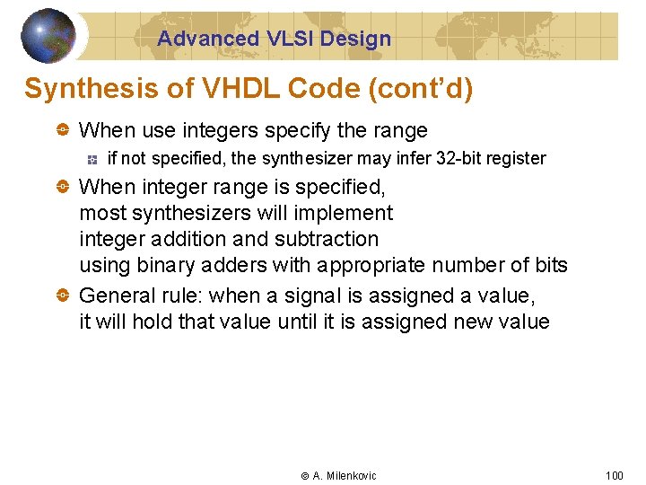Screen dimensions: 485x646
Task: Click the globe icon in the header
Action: click(x=48, y=35)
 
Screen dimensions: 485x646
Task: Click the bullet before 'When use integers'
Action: click(x=63, y=131)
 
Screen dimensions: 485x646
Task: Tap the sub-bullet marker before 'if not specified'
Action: click(x=92, y=160)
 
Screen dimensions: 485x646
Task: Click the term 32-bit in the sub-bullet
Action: click(x=459, y=159)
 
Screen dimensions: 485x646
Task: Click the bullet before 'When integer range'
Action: click(x=63, y=187)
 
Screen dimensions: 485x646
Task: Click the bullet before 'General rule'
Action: click(x=63, y=295)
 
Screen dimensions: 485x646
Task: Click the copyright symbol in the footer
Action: click(x=304, y=476)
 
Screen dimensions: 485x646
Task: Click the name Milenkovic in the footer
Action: click(x=352, y=476)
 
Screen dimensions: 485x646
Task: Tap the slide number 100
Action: click(x=614, y=475)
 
